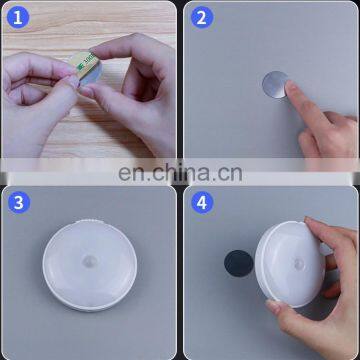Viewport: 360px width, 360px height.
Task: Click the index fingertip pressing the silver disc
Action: [x=292, y=92]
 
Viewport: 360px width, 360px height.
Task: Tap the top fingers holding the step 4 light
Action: [x=335, y=235]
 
